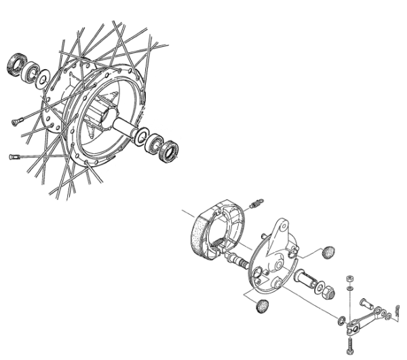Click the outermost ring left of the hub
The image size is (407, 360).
pyautogui.click(x=14, y=64)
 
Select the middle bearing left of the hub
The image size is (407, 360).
pyautogui.click(x=31, y=72)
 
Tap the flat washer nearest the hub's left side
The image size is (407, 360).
pyautogui.click(x=43, y=79)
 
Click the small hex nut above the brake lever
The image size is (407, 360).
pyautogui.click(x=350, y=279)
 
